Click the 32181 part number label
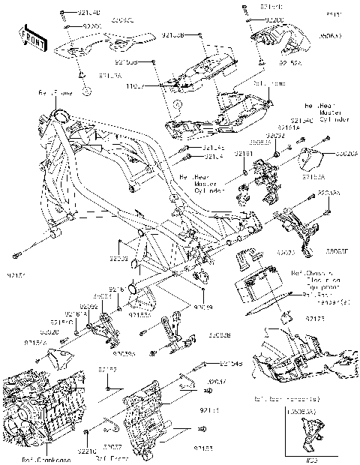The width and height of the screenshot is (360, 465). click(x=244, y=153)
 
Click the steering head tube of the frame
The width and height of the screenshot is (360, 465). click(x=57, y=120)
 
